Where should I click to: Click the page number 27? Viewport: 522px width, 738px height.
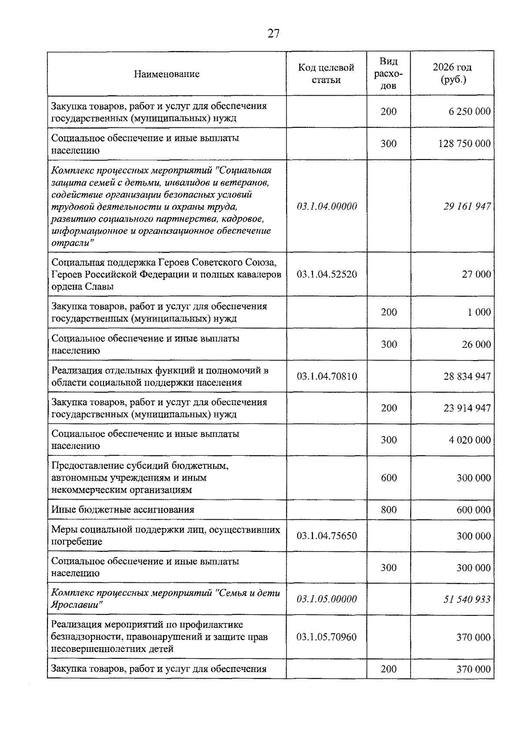click(273, 33)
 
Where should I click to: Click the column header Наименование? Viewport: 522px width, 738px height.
click(167, 74)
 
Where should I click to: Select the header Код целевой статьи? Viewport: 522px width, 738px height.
click(326, 73)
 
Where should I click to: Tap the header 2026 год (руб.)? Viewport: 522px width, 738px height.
click(452, 73)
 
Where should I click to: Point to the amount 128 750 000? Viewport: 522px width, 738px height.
click(464, 144)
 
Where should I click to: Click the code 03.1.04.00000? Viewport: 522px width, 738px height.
click(327, 206)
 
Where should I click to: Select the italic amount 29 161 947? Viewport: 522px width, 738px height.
click(467, 206)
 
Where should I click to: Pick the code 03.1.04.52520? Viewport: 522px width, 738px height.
click(327, 274)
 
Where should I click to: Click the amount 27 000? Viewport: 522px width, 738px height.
click(476, 274)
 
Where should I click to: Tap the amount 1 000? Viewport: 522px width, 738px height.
click(479, 312)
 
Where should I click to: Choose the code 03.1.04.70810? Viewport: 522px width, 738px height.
click(327, 376)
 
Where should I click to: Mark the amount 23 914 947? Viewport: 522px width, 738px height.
click(467, 408)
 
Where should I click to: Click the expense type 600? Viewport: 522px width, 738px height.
click(388, 478)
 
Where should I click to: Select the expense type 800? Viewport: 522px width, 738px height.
click(388, 510)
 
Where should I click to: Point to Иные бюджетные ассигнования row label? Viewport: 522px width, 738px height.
click(123, 510)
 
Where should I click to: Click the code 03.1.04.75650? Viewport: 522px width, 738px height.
click(327, 536)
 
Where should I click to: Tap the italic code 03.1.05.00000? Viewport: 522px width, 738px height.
click(327, 599)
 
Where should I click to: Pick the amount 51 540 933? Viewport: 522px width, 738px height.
click(467, 599)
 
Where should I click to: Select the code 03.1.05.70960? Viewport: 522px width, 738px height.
click(327, 637)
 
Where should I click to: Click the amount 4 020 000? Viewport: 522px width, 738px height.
click(469, 440)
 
